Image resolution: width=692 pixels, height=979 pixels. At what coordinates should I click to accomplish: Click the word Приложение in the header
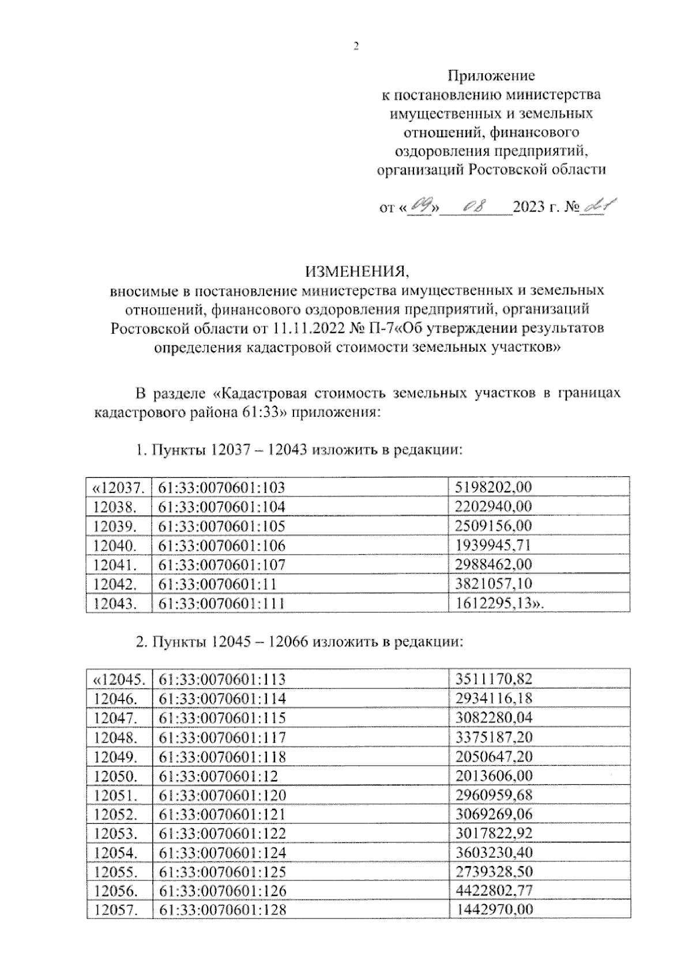coord(492,76)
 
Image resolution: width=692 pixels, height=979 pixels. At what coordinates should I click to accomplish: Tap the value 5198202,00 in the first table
coord(493,487)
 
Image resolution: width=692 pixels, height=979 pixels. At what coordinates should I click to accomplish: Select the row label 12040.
coord(115,545)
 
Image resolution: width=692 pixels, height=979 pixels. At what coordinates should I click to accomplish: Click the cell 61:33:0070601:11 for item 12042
coord(217,583)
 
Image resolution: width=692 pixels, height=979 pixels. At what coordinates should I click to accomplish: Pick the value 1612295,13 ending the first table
coord(493,603)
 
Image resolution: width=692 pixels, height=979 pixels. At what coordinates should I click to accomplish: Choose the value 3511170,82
coord(494,679)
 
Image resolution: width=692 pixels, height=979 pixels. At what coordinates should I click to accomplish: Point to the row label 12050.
coord(115,775)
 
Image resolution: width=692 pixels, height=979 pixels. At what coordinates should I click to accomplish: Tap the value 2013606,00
coord(494,775)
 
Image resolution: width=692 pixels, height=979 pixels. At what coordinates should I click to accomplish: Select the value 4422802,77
coord(494,891)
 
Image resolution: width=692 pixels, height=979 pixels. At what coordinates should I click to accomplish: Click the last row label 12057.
coord(115,910)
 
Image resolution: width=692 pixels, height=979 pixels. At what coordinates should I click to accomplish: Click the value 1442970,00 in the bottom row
coord(494,910)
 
